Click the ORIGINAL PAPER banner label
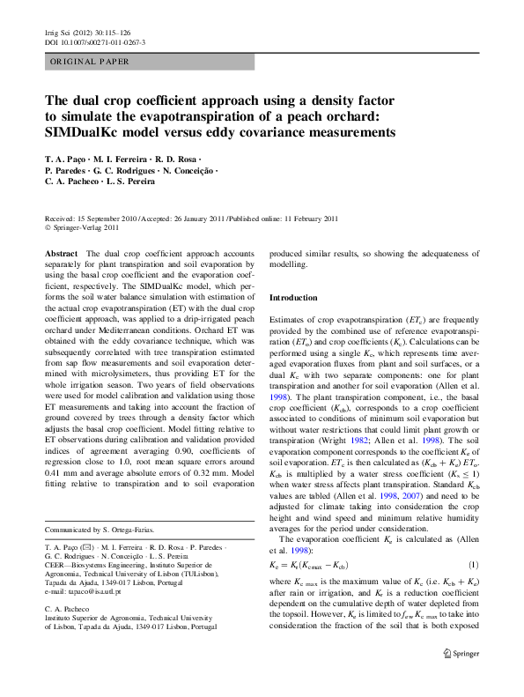89,62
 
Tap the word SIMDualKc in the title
85,133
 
